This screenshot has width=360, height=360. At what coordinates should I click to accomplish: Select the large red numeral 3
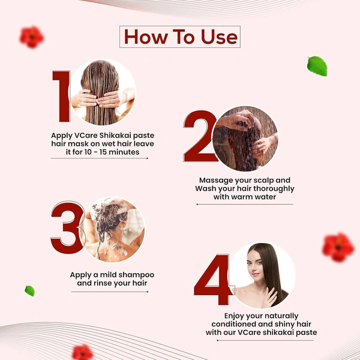(x=67, y=227)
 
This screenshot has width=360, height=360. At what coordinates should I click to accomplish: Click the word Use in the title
(x=219, y=37)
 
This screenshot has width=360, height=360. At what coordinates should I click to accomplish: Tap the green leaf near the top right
(x=317, y=66)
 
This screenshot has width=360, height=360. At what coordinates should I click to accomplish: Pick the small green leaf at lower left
(x=30, y=291)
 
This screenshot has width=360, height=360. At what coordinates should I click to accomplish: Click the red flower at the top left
(x=32, y=37)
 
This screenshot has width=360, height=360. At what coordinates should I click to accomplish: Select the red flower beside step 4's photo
(x=338, y=247)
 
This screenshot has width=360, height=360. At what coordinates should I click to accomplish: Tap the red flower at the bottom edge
(x=83, y=352)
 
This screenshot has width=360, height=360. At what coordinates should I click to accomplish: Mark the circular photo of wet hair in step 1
(x=103, y=92)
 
